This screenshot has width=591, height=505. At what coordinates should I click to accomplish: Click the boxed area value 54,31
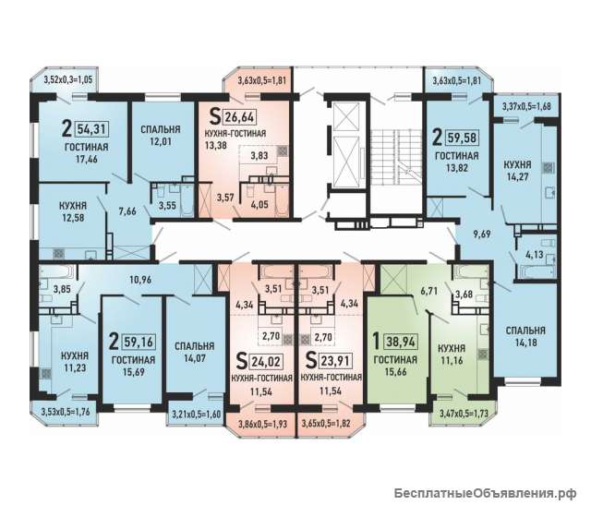tap(92, 129)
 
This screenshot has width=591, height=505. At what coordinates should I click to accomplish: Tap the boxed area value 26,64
tap(240, 117)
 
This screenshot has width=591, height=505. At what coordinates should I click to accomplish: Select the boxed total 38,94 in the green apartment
tap(400, 342)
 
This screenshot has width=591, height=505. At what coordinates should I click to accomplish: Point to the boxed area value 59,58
tap(462, 138)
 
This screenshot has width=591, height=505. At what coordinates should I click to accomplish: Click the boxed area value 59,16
tap(139, 342)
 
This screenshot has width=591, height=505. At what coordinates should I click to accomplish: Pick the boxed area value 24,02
tap(266, 361)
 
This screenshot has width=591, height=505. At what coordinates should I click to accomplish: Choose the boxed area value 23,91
tap(336, 361)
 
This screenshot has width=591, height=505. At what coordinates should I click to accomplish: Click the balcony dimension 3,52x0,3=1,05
tap(68, 79)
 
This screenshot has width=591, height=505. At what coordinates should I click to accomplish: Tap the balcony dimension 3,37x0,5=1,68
tap(526, 107)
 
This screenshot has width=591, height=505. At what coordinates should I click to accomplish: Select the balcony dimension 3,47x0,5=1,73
tap(464, 414)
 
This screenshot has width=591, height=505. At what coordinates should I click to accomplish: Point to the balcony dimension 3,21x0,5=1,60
tap(197, 415)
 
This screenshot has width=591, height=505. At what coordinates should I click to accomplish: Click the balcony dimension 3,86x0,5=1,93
tap(262, 424)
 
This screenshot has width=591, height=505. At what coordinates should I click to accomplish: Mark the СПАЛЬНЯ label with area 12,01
tap(161, 129)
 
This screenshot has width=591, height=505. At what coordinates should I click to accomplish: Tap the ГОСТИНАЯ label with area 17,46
tap(86, 147)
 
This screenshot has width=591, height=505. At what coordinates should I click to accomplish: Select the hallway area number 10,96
tap(140, 280)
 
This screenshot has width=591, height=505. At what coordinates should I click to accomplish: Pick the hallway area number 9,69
tap(482, 234)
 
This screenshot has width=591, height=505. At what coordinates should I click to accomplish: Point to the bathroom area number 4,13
tap(535, 255)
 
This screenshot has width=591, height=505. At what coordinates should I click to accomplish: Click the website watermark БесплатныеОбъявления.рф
tap(485, 493)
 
